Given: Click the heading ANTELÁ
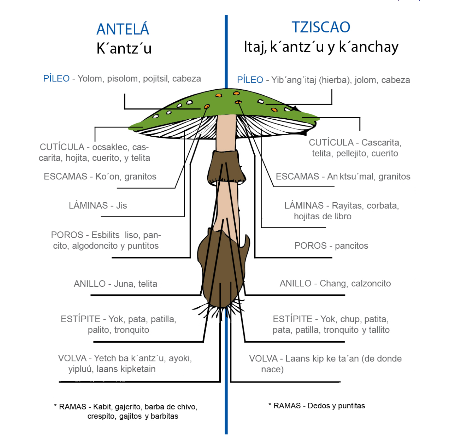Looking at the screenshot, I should [x=123, y=29].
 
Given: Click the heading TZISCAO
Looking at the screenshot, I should [x=321, y=27].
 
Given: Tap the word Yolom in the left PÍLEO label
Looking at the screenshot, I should [x=90, y=79].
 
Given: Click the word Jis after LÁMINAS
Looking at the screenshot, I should [x=121, y=206].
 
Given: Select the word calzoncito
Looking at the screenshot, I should [x=371, y=283].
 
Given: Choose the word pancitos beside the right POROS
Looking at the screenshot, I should [x=351, y=246].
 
